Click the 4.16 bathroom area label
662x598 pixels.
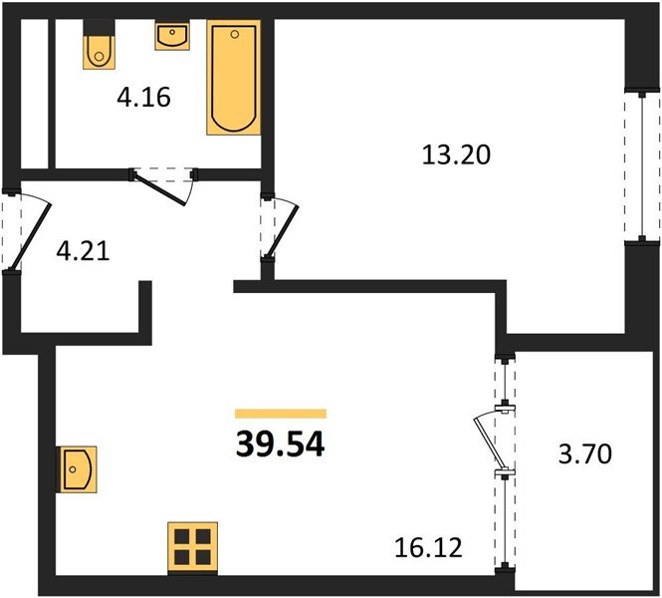click(144, 98)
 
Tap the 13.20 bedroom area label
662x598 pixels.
click(456, 154)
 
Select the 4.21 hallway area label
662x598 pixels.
click(84, 250)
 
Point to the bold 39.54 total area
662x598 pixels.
click(281, 446)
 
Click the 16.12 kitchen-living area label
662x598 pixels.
click(428, 548)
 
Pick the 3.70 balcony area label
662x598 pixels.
click(584, 454)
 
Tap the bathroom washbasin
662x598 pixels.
click(172, 36)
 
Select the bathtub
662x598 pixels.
click(234, 78)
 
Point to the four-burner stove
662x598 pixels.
click(192, 548)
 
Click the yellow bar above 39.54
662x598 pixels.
click(281, 414)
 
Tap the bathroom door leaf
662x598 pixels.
click(159, 189)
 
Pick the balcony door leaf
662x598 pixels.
click(487, 443)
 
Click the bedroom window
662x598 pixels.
click(642, 166)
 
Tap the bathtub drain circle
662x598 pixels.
click(235, 34)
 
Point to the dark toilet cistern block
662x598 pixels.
click(100, 28)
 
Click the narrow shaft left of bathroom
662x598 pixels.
click(34, 94)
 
